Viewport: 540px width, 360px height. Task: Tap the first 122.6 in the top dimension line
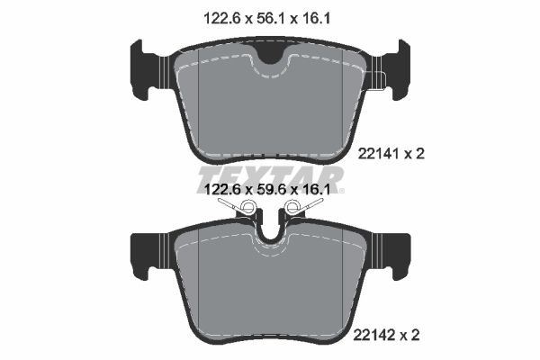218,15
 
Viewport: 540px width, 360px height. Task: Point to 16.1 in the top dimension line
318,15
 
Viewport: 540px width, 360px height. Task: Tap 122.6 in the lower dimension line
218,191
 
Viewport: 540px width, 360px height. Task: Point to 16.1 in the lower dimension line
318,191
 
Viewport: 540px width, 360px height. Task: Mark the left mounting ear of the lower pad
148,253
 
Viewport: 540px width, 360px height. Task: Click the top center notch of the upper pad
268,56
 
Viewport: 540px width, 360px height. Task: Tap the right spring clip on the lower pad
299,210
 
